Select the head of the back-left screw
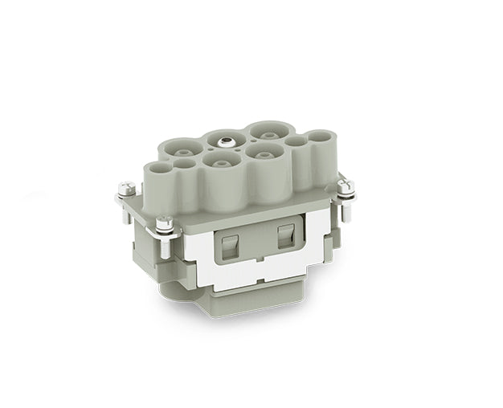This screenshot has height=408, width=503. [x=124, y=186]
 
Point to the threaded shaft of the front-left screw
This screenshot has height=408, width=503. [x=166, y=243]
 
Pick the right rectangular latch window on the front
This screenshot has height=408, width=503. [x=284, y=235]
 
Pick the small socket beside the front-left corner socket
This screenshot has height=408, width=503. [x=185, y=165]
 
